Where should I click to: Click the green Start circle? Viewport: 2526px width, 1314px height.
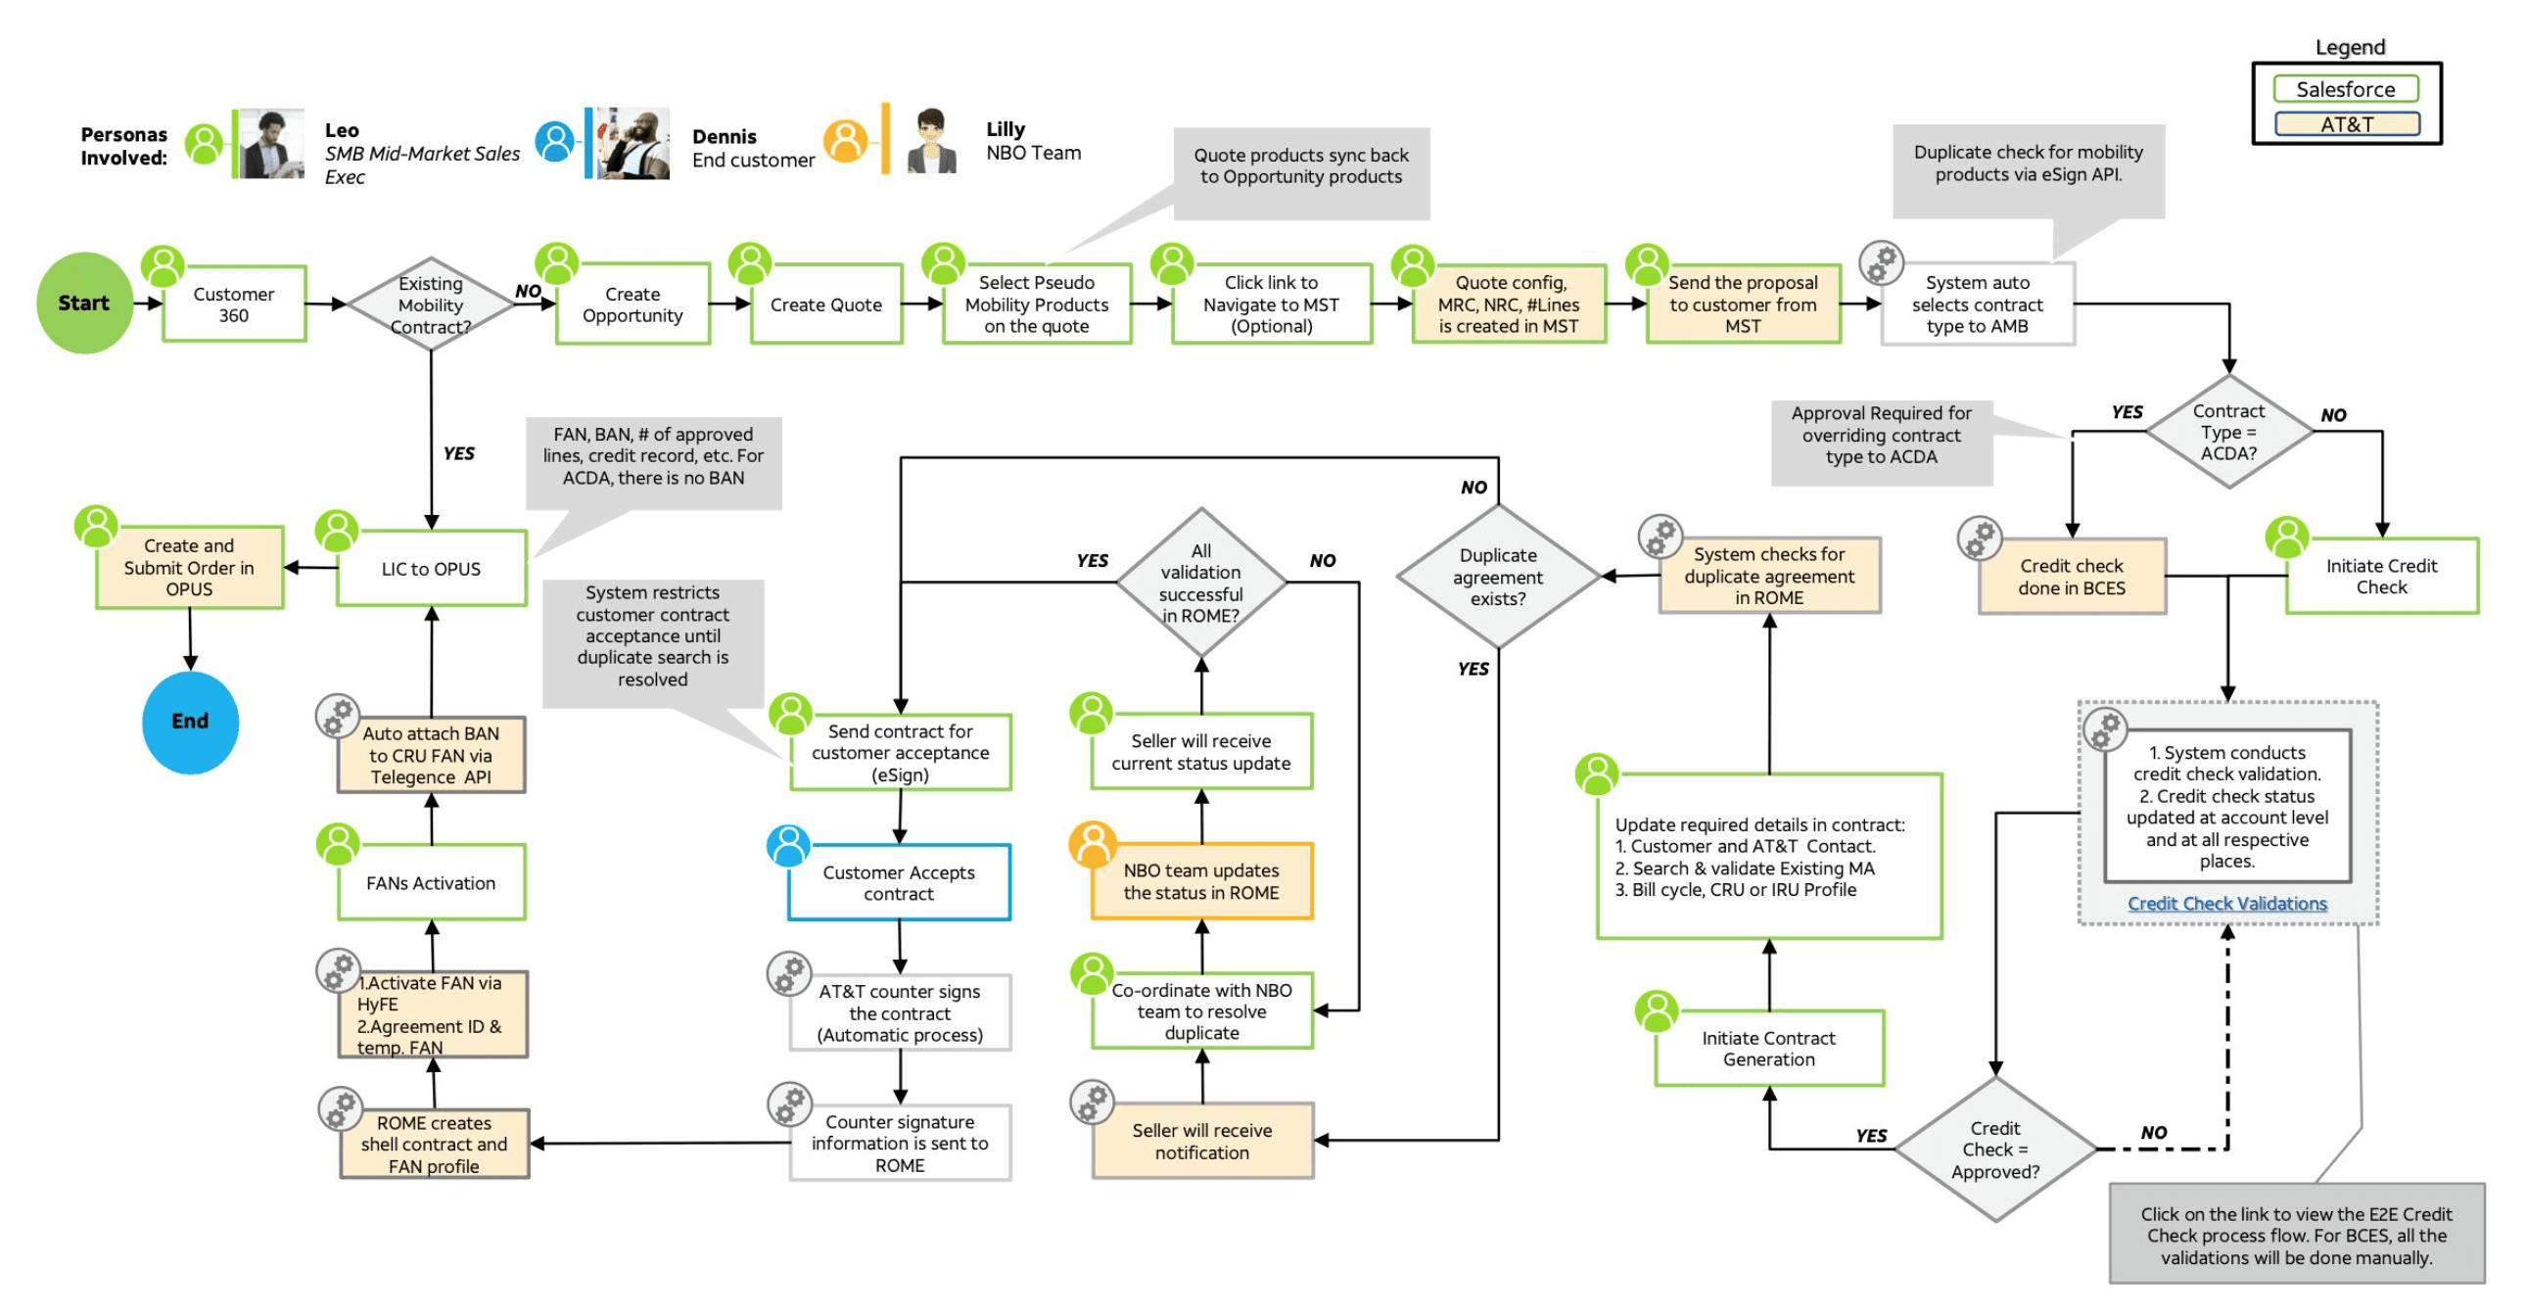pos(84,303)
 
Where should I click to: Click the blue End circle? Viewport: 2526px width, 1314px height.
pos(190,723)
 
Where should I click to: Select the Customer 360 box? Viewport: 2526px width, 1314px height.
pos(234,305)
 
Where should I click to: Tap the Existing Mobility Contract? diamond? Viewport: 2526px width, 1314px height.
pos(431,305)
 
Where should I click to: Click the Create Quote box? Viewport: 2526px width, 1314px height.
pos(825,305)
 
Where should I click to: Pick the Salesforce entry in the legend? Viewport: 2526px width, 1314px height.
pos(2346,89)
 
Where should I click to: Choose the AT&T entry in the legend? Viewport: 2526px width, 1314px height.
pos(2346,124)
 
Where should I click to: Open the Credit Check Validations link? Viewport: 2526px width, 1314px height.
pos(2227,903)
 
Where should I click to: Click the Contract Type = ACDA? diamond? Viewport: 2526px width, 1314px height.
pos(2228,432)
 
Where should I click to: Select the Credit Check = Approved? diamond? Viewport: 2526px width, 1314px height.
pos(1994,1150)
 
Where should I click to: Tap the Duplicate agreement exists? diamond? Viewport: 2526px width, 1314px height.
pos(1497,577)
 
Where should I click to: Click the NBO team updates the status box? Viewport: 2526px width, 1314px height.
pos(1201,881)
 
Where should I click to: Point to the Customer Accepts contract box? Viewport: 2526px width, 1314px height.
pos(898,882)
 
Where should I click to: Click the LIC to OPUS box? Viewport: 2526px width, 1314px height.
pos(432,569)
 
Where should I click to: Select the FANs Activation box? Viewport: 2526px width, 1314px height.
pos(432,882)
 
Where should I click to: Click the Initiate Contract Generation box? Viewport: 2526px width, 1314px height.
pos(1769,1049)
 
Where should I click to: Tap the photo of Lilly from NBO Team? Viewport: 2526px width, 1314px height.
pos(931,141)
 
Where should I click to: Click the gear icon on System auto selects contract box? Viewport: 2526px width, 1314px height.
pos(1881,262)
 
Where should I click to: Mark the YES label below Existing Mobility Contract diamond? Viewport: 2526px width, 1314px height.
pos(458,453)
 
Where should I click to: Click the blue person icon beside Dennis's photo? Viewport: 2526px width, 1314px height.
pos(555,141)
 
